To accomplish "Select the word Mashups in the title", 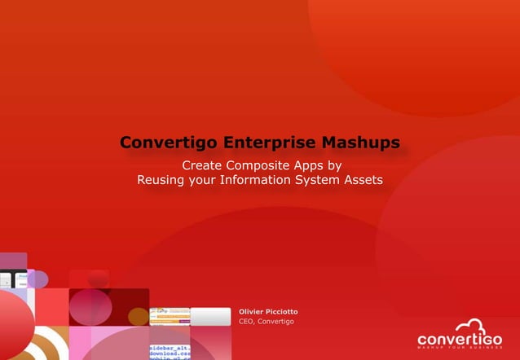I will click(x=360, y=143).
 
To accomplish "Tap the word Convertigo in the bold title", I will click(x=168, y=143).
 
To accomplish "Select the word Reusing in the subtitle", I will click(x=160, y=179).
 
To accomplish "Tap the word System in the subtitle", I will click(x=320, y=179).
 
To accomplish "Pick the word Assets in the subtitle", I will click(x=364, y=179).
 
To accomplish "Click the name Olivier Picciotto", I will click(x=268, y=312).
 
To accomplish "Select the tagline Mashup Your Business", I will click(x=459, y=349).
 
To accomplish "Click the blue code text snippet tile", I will click(x=170, y=352).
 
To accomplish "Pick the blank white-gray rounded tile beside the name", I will click(x=211, y=317).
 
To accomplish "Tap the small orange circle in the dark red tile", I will click(x=139, y=316).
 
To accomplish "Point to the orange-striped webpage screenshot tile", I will click(x=170, y=317).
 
